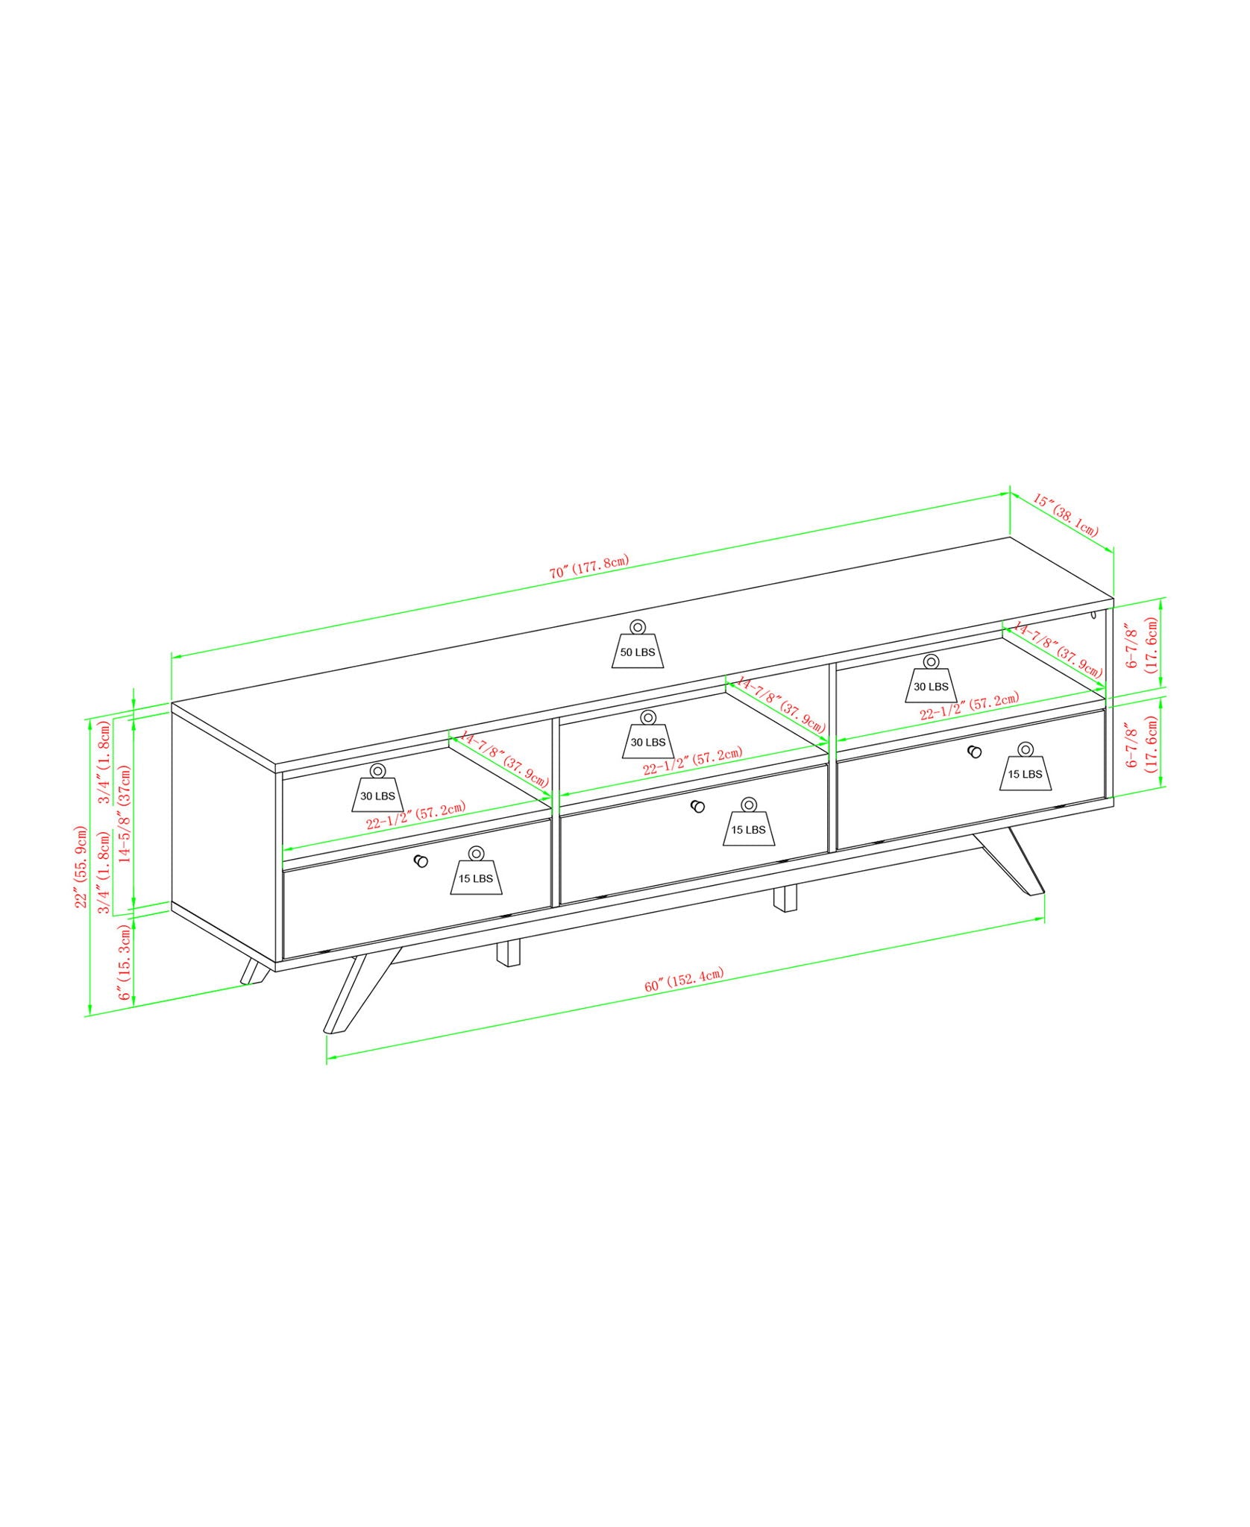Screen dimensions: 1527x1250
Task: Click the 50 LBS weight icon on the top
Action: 637,646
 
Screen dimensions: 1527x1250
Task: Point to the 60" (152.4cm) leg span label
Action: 684,982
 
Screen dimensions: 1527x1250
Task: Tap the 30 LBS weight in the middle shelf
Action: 647,736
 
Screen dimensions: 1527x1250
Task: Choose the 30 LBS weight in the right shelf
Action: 931,680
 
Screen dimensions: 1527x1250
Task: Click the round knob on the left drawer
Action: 421,861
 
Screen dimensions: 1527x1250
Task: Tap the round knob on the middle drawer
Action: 698,806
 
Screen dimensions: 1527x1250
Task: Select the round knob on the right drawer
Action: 974,752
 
